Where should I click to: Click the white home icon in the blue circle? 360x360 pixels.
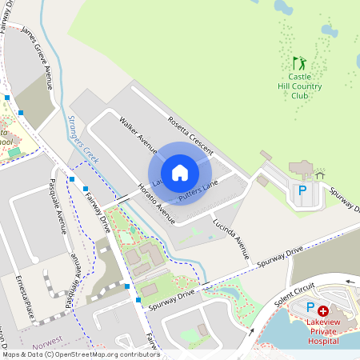(180, 172)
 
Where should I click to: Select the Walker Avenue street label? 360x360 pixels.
(138, 134)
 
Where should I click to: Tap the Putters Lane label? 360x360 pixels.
(198, 191)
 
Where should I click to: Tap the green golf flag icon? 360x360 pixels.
(299, 62)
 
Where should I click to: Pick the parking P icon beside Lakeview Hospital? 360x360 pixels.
(310, 308)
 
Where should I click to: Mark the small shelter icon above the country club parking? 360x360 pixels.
(320, 173)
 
